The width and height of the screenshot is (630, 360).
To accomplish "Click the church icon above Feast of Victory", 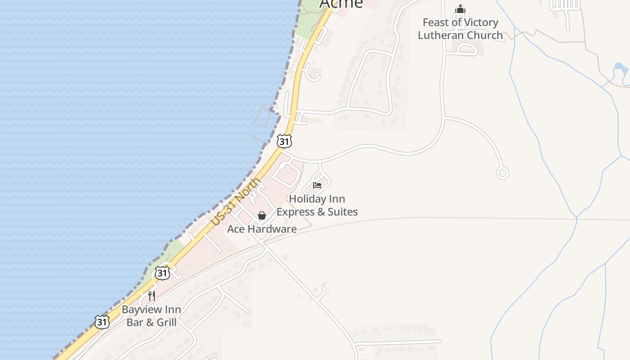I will pyautogui.click(x=460, y=9).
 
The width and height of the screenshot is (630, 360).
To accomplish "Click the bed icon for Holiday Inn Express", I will pyautogui.click(x=317, y=185).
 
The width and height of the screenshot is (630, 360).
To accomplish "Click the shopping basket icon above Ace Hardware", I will pyautogui.click(x=262, y=216).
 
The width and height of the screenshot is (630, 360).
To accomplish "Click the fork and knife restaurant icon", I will pyautogui.click(x=152, y=296).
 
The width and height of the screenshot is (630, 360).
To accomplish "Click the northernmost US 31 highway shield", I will pyautogui.click(x=284, y=142).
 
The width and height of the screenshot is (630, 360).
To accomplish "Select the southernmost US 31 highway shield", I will pyautogui.click(x=102, y=322).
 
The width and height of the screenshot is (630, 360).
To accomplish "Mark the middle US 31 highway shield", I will pyautogui.click(x=162, y=273).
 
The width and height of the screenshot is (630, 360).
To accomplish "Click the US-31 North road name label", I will pyautogui.click(x=236, y=202).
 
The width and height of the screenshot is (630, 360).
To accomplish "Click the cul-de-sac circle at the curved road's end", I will pyautogui.click(x=502, y=173).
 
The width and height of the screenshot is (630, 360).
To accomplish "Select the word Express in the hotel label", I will pyautogui.click(x=295, y=211).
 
